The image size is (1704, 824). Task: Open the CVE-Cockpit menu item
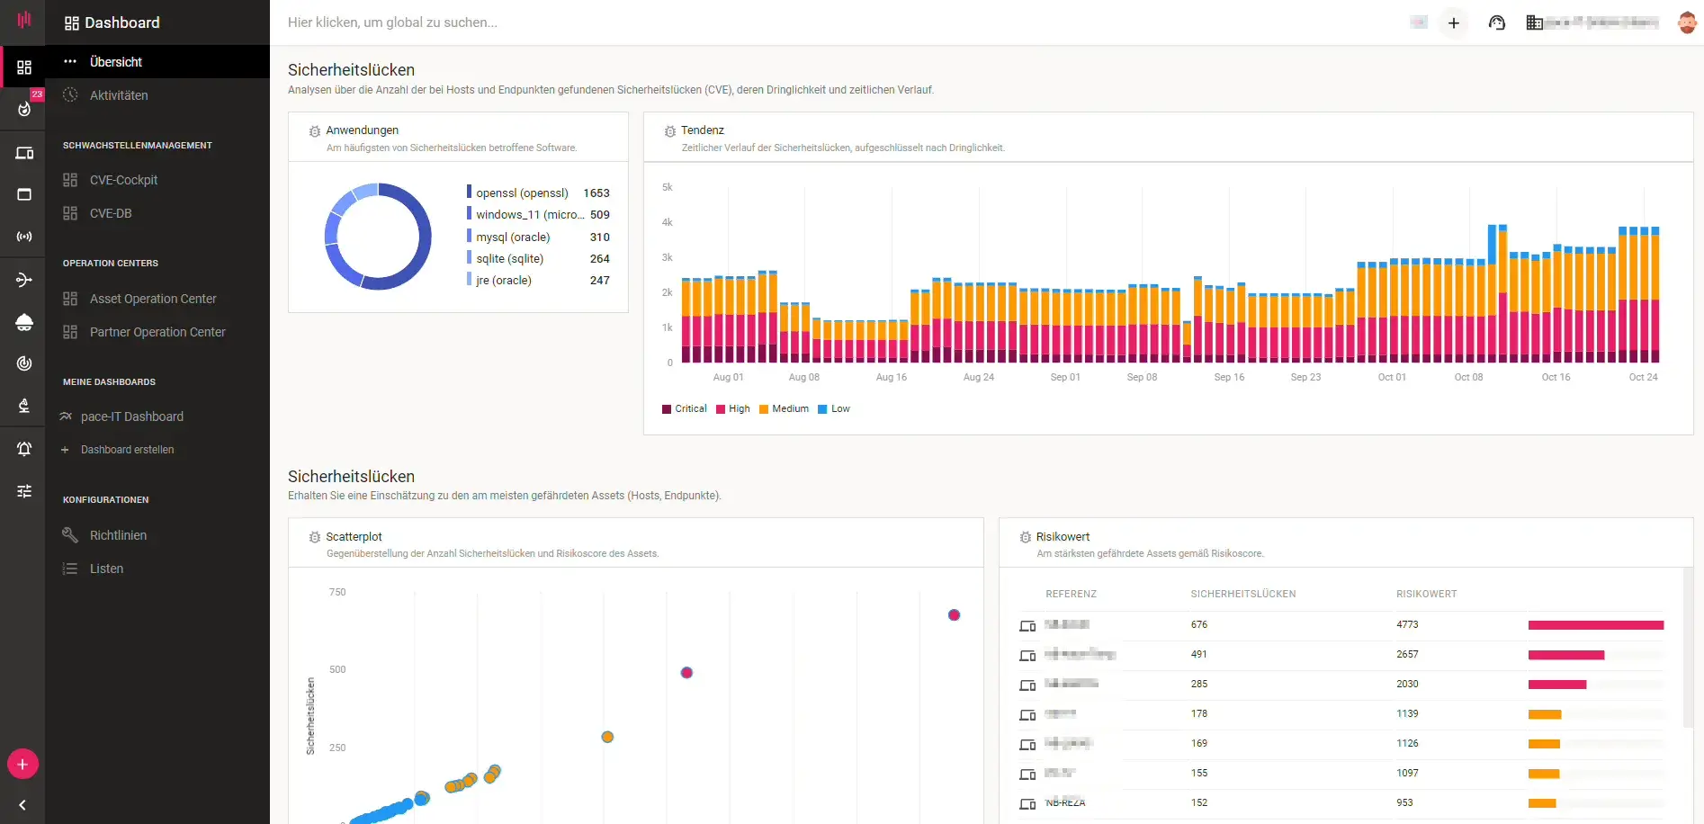pyautogui.click(x=123, y=180)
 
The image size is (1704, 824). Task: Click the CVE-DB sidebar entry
pyautogui.click(x=111, y=213)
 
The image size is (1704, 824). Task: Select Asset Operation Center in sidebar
pyautogui.click(x=153, y=299)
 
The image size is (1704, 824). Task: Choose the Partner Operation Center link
pyautogui.click(x=157, y=332)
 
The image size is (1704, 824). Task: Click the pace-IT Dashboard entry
pyautogui.click(x=131, y=416)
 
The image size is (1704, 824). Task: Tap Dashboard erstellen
pyautogui.click(x=127, y=450)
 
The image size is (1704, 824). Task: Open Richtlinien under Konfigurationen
pyautogui.click(x=118, y=535)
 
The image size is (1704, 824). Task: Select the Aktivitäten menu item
pyautogui.click(x=119, y=95)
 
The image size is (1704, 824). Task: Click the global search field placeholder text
pyautogui.click(x=392, y=22)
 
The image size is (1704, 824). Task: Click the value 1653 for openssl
pyautogui.click(x=596, y=193)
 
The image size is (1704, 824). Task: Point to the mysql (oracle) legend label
pyautogui.click(x=513, y=237)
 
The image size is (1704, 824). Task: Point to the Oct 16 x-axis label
pyautogui.click(x=1556, y=377)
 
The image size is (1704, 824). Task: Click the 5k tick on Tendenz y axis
pyautogui.click(x=667, y=187)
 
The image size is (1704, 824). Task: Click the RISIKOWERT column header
pyautogui.click(x=1426, y=594)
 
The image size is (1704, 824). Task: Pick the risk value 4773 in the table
pyautogui.click(x=1407, y=624)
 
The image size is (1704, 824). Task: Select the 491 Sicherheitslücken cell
pyautogui.click(x=1198, y=654)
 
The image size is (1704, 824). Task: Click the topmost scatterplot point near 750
pyautogui.click(x=954, y=615)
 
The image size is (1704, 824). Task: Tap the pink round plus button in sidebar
pyautogui.click(x=22, y=765)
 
